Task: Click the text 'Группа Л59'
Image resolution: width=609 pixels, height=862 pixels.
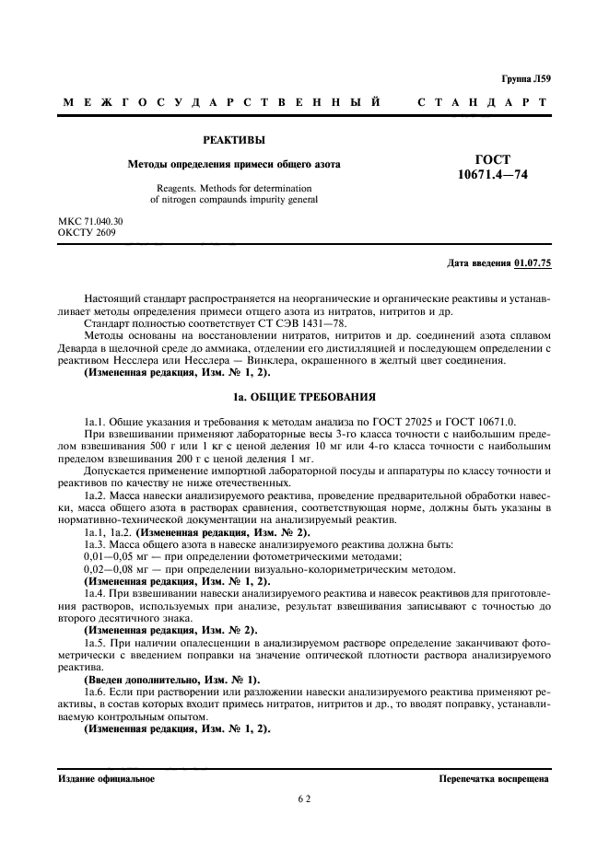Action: pos(526,80)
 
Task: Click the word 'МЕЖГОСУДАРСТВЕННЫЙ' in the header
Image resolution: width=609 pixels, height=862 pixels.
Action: pos(221,102)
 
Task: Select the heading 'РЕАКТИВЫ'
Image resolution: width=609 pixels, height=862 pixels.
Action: pos(234,141)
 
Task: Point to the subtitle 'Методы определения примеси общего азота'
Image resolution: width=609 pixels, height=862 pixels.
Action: pos(233,164)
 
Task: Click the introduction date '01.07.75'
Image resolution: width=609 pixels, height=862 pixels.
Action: pos(532,264)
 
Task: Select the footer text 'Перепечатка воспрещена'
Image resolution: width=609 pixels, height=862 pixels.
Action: pos(495,777)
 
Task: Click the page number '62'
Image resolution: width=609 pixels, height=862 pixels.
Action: pos(304,799)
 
